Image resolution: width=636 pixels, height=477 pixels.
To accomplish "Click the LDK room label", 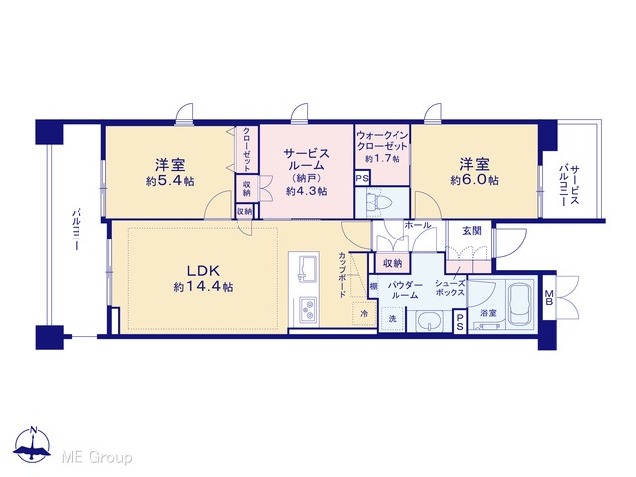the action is [x=203, y=270].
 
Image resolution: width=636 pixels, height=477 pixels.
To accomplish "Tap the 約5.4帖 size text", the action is [x=170, y=181].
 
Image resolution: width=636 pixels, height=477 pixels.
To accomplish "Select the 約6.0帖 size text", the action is [x=475, y=180].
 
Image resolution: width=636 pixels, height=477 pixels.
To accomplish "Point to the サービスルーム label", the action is [x=307, y=159].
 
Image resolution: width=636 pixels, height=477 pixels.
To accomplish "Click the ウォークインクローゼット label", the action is [x=382, y=141].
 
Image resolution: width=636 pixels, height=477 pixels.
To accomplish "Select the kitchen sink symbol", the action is [x=304, y=269].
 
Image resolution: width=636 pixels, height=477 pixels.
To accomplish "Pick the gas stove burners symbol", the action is [x=308, y=310].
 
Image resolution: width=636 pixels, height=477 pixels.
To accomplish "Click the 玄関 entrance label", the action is [x=472, y=231].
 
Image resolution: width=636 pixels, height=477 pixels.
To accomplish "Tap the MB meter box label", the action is [x=549, y=297].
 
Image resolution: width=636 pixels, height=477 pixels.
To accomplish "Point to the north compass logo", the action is [x=32, y=445].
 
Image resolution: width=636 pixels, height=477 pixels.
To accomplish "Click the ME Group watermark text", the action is [x=96, y=457].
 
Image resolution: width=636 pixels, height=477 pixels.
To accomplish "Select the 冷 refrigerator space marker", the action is [x=364, y=313].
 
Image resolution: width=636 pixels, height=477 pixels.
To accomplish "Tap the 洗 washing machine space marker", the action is [x=392, y=319].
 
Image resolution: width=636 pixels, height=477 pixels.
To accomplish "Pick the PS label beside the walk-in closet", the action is [x=362, y=178].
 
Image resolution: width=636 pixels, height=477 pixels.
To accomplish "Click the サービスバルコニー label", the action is [x=569, y=185].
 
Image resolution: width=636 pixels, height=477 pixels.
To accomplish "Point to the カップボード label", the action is [x=342, y=274].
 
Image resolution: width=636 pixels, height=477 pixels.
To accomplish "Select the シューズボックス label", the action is [x=450, y=288].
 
